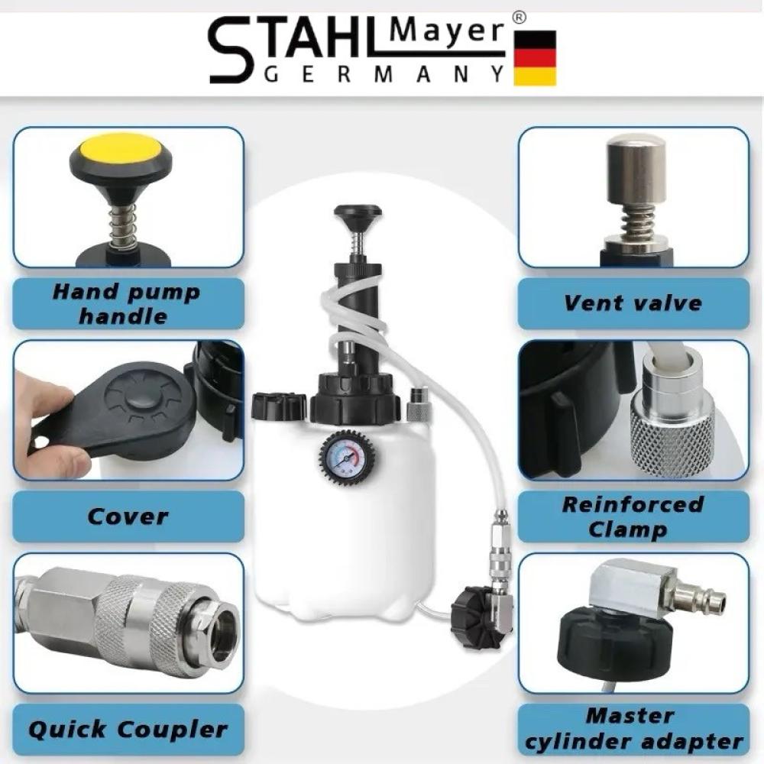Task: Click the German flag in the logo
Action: tap(535, 58)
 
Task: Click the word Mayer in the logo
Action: tap(446, 31)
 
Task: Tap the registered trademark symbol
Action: tap(520, 18)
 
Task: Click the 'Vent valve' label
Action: tap(633, 303)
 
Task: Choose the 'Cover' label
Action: tap(128, 516)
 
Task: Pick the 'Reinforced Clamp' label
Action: tap(633, 516)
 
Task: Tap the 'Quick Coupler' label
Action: tap(128, 730)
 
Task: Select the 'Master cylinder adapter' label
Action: tap(633, 730)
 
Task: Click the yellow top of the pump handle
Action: tap(121, 150)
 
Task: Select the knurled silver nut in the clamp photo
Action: tap(673, 435)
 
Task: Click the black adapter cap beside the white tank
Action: tap(475, 617)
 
